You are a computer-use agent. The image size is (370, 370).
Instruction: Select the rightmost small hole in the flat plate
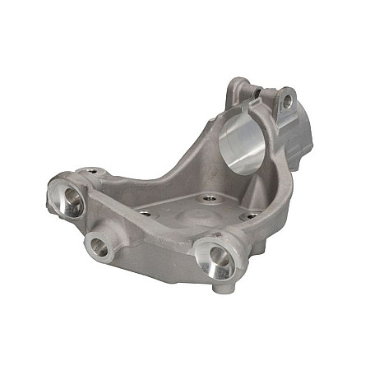tap(250, 217)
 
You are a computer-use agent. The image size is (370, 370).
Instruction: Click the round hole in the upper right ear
tap(287, 101)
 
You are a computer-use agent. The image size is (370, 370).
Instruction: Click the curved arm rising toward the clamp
tap(177, 152)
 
